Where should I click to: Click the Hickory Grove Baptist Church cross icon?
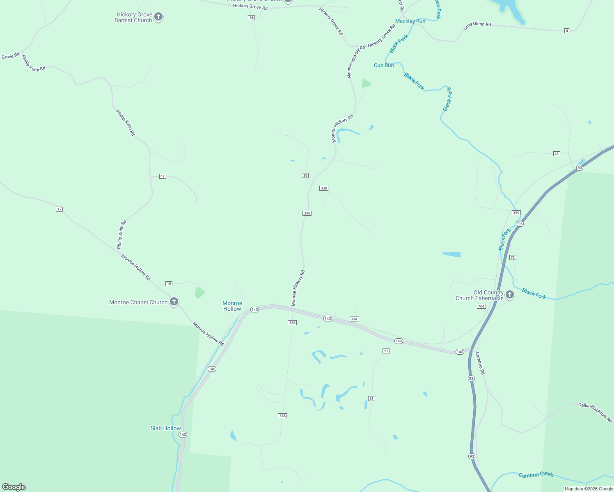158,17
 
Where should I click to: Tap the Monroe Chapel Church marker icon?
174,302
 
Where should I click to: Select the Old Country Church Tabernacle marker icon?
510,294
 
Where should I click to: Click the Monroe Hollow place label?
232,306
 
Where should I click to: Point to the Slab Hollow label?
165,428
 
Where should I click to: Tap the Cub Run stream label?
384,65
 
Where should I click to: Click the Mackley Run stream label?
410,21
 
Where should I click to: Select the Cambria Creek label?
536,475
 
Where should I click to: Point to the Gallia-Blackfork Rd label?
595,412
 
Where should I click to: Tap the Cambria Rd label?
480,363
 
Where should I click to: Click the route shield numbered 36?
252,18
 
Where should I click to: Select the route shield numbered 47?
163,176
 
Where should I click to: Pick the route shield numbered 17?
60,209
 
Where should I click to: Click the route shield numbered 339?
324,188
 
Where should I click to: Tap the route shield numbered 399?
516,213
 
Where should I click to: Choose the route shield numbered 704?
481,306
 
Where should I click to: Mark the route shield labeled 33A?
354,319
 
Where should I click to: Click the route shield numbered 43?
557,154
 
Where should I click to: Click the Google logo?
14,487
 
